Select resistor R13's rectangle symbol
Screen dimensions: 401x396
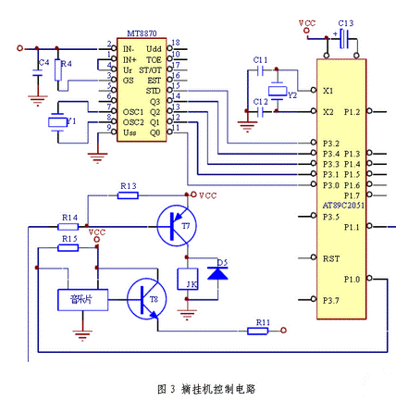[128, 196]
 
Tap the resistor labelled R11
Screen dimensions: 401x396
[262, 330]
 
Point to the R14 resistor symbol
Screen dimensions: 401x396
[68, 226]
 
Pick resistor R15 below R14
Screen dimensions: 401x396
[68, 248]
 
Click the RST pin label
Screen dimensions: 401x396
[330, 259]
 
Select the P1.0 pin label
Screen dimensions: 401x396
[352, 278]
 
